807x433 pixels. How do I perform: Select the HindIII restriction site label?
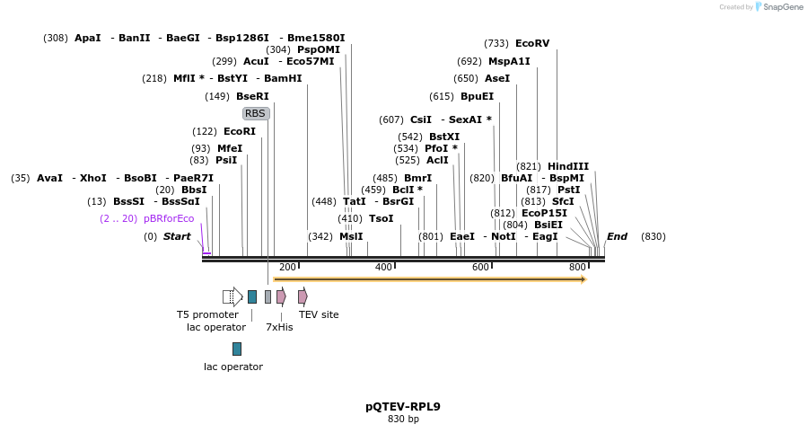567,166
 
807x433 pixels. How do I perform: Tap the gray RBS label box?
256,113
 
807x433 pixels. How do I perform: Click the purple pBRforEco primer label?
168,218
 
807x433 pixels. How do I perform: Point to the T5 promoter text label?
207,314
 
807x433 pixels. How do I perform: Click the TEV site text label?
319,314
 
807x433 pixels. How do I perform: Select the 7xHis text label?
279,327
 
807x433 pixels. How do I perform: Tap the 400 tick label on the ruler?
383,267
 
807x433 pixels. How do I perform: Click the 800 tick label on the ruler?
577,267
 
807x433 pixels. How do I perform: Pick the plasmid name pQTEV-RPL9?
403,406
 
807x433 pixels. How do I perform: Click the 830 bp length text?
403,420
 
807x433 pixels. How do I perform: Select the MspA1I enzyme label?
509,61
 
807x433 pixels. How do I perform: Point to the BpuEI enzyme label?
477,96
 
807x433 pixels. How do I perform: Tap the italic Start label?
177,236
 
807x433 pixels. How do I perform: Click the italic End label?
617,236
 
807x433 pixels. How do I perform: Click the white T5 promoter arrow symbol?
232,296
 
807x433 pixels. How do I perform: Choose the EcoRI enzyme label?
240,131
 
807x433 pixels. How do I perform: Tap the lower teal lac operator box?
237,349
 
